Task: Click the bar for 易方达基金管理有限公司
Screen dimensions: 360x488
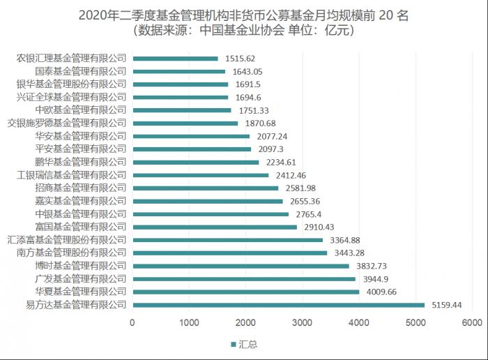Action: tap(278, 304)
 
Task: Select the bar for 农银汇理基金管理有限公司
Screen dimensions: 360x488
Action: tap(175, 59)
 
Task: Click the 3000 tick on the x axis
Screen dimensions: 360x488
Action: tap(302, 322)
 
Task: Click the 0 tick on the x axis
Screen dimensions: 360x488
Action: tap(132, 322)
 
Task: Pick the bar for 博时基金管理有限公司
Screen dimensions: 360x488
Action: tap(241, 265)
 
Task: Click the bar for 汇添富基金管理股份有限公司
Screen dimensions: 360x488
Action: tap(227, 239)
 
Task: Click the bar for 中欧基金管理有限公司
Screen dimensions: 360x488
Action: tap(182, 110)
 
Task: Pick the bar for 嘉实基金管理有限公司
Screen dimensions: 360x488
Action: tap(208, 200)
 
